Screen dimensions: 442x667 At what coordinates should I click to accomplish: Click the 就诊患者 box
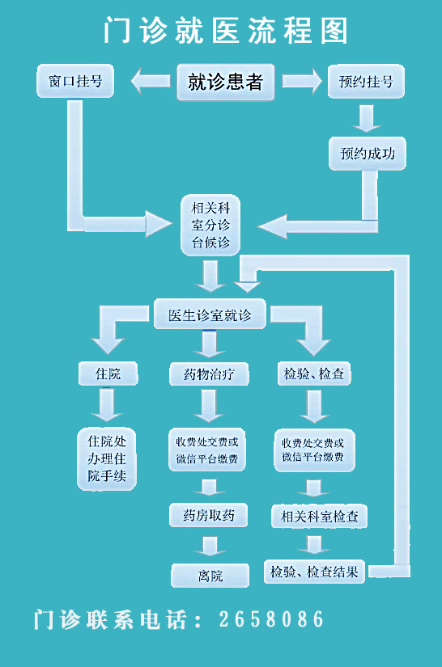[225, 82]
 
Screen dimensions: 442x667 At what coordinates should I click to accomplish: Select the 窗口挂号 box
[75, 81]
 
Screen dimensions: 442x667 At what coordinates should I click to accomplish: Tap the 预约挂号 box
[366, 81]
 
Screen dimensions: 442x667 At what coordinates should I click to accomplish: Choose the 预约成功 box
[368, 153]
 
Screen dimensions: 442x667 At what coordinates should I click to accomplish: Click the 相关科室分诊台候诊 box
[210, 225]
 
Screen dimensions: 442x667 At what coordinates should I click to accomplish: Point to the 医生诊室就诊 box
[210, 314]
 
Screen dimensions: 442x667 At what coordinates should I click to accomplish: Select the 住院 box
[108, 374]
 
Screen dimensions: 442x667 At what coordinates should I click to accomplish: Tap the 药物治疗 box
[209, 374]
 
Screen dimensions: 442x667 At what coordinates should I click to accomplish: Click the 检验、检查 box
[314, 374]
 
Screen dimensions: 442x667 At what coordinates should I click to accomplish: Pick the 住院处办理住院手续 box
[107, 458]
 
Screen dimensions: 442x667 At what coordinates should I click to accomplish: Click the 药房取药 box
[209, 515]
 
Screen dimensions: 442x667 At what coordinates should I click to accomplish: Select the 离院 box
[210, 576]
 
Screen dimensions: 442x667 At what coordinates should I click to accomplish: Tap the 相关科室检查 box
[320, 516]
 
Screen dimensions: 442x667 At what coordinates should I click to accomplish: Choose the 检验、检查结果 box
[314, 572]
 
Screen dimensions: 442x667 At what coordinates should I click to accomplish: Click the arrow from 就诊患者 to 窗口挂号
[151, 81]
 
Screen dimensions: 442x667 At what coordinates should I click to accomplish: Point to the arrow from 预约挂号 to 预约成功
[366, 118]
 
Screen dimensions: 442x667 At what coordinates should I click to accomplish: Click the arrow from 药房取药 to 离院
[209, 546]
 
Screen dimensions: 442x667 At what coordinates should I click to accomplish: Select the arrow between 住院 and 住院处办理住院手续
[107, 404]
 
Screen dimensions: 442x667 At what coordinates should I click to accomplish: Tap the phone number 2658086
[272, 619]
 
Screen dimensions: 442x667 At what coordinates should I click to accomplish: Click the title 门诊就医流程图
[226, 30]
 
